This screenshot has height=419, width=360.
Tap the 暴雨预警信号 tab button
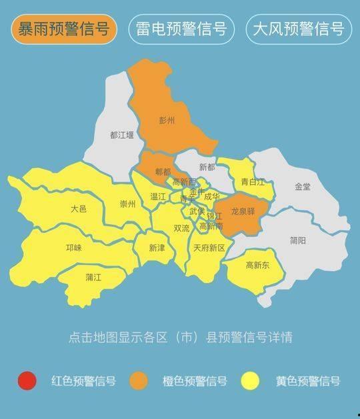[x=64, y=29]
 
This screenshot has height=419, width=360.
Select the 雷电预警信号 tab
[x=181, y=29]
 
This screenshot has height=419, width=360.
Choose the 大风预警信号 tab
[x=299, y=29]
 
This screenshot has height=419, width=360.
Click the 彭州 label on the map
[x=167, y=121]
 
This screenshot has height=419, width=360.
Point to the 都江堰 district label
[x=122, y=135]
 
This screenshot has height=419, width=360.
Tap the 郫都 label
[x=163, y=171]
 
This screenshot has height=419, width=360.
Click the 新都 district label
[x=207, y=167]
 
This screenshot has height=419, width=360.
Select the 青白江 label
[x=253, y=181]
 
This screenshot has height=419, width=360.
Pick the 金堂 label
[x=303, y=187]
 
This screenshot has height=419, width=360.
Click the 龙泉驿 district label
[x=243, y=211]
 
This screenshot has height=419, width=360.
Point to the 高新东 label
[x=257, y=265]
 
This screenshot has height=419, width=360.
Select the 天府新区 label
[x=209, y=248]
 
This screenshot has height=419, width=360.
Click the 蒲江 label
[x=93, y=276]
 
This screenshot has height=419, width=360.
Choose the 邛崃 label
[x=73, y=248]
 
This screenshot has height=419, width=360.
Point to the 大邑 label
[x=78, y=209]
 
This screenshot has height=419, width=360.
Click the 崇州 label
[x=127, y=204]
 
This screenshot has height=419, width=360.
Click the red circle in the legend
[x=27, y=381]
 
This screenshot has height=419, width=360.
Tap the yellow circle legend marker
[x=251, y=381]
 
